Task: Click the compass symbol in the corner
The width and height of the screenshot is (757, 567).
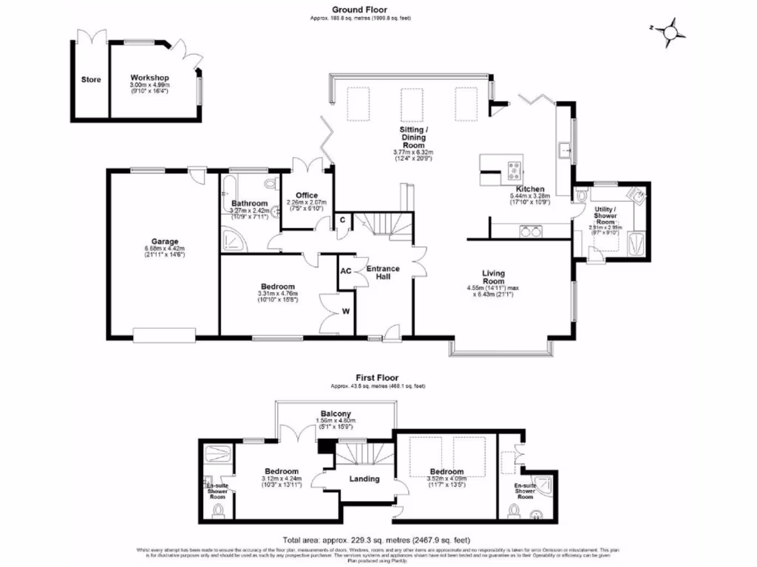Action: (671, 32)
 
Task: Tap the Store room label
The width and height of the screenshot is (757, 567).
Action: (92, 80)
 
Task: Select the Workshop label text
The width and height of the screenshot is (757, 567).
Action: (149, 78)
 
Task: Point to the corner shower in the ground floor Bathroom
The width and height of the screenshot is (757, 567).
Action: (234, 238)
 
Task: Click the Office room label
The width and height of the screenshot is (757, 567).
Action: (306, 196)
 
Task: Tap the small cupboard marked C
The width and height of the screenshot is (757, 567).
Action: (342, 220)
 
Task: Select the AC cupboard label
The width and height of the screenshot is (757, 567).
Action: (345, 270)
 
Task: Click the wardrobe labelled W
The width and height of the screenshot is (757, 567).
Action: (344, 311)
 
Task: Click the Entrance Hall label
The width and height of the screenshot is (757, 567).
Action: (383, 273)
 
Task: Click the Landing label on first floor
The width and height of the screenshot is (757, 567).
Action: (364, 478)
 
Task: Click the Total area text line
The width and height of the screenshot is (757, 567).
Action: (377, 540)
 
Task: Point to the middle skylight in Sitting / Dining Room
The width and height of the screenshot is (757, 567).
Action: (412, 103)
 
